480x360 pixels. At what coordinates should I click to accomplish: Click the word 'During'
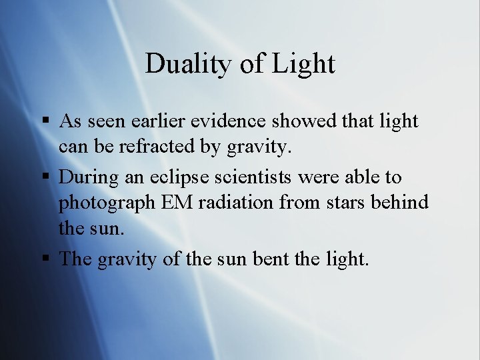[86, 177]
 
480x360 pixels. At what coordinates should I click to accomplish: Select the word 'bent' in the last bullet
[270, 258]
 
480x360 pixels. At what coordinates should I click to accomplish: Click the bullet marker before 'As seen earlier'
[45, 122]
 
